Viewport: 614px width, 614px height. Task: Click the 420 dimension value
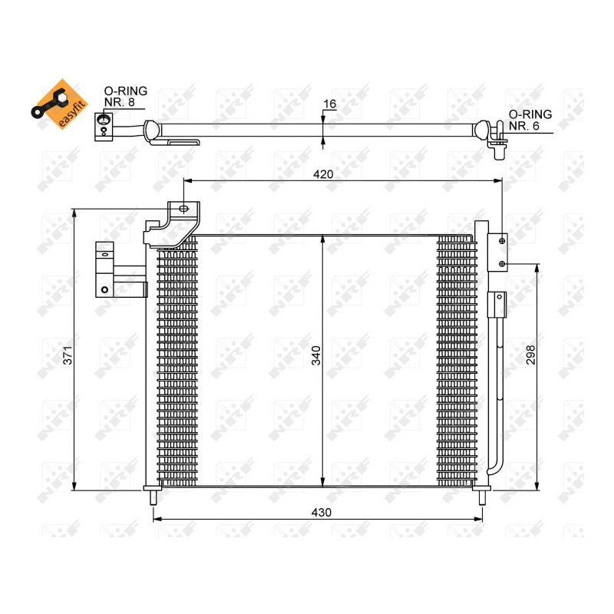click(323, 174)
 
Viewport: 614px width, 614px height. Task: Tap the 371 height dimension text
click(68, 355)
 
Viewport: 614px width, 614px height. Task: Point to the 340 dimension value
click(315, 355)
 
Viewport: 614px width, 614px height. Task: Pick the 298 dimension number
click(530, 355)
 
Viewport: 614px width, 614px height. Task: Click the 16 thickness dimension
click(331, 104)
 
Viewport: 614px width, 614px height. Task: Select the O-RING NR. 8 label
click(125, 96)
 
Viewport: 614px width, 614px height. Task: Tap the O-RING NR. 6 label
click(530, 120)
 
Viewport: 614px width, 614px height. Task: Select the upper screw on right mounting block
click(502, 241)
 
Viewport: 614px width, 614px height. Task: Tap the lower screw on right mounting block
click(502, 264)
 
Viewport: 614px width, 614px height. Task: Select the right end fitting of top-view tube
click(497, 141)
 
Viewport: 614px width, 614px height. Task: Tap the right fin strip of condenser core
click(457, 361)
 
